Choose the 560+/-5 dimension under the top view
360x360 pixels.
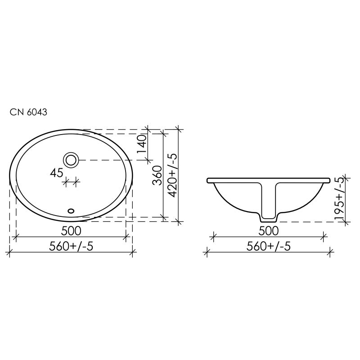(71, 246)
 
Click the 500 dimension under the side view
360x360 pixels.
(269, 230)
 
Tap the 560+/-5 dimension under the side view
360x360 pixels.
(269, 246)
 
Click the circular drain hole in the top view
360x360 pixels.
(71, 159)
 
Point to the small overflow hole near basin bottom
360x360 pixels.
(71, 210)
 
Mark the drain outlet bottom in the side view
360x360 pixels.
(269, 220)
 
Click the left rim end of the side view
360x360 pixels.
(208, 180)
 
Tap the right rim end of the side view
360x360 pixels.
(329, 180)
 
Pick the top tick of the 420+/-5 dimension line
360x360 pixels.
(179, 130)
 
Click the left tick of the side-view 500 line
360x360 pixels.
(213, 237)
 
